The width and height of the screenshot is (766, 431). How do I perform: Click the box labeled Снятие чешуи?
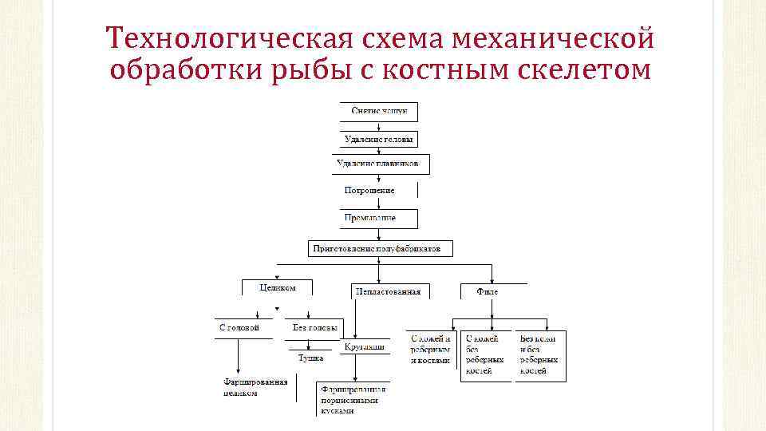click(379, 111)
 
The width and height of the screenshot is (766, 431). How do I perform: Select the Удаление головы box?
click(379, 138)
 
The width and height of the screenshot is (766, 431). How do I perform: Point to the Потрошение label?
click(369, 191)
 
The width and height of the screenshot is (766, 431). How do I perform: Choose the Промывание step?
click(369, 217)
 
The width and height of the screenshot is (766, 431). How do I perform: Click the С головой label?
click(239, 328)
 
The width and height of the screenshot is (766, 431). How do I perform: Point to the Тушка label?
click(310, 358)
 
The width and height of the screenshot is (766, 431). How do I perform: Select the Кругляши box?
click(365, 347)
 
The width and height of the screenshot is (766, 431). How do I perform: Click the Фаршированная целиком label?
click(255, 387)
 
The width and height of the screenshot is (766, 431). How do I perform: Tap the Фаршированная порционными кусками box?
click(353, 399)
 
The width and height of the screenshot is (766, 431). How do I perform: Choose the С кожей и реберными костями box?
click(430, 350)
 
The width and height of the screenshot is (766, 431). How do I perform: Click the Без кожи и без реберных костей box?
click(539, 354)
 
